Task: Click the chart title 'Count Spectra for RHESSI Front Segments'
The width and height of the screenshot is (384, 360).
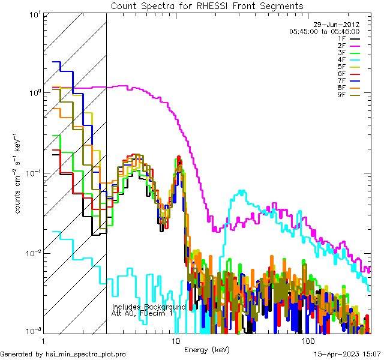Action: [207, 5]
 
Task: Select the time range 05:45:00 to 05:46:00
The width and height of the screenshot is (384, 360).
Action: [324, 31]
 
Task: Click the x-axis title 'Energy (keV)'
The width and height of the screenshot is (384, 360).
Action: [206, 349]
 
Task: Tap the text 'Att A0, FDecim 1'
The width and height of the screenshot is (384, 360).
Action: [142, 313]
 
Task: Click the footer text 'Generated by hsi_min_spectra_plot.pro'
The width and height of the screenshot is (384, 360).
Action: [63, 355]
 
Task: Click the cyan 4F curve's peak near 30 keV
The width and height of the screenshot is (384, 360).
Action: [241, 192]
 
